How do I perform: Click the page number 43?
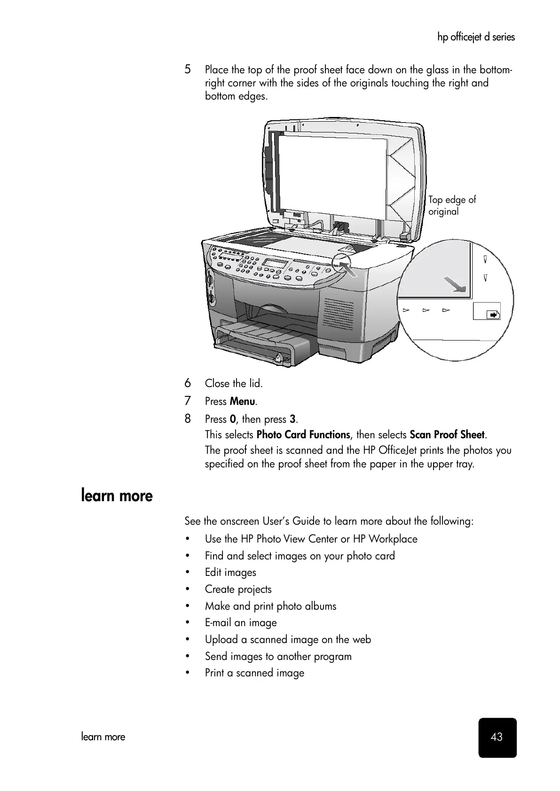click(x=497, y=737)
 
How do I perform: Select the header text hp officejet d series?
click(x=476, y=37)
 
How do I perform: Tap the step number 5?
click(x=188, y=70)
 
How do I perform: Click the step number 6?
click(x=188, y=383)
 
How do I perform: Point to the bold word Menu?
click(x=243, y=402)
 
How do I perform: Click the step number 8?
click(x=188, y=419)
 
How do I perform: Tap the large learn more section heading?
click(x=117, y=496)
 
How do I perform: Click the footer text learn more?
click(x=103, y=737)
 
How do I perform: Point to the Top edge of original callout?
click(x=451, y=205)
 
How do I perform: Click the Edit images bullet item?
click(x=230, y=573)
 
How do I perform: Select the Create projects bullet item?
click(x=238, y=589)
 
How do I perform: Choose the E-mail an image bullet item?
click(x=241, y=623)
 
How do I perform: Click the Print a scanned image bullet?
click(x=254, y=673)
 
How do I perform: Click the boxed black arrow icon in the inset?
click(x=493, y=315)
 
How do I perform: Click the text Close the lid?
click(x=234, y=383)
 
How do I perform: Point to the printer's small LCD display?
click(x=275, y=263)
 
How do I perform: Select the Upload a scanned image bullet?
click(x=288, y=640)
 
